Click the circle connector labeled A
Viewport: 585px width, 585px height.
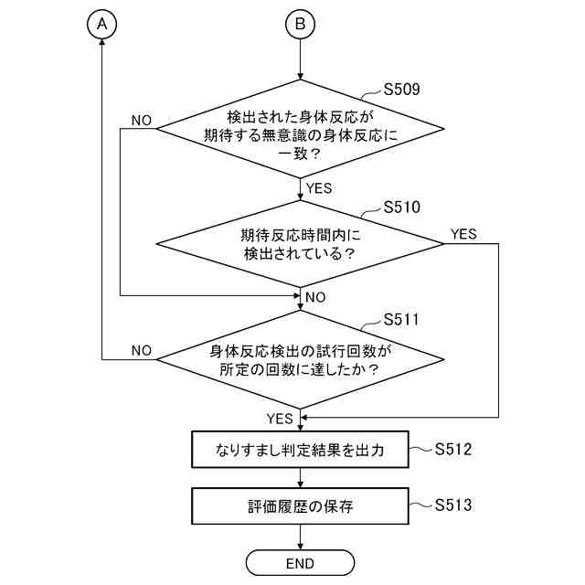[x=103, y=26]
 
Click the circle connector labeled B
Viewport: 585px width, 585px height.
[x=300, y=26]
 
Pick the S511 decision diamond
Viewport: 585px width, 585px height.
[x=300, y=360]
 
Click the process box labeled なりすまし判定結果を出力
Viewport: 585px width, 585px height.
[x=300, y=450]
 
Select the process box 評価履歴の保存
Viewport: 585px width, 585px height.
[x=300, y=505]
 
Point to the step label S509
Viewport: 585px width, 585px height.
[x=402, y=90]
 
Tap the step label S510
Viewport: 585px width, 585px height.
[x=402, y=207]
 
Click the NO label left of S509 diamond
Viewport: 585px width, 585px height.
[x=142, y=121]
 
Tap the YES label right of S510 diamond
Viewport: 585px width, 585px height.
[x=463, y=234]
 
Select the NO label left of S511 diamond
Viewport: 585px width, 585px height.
[x=142, y=350]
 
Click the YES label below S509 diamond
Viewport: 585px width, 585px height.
[x=319, y=189]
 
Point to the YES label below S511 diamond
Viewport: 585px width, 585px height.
[x=280, y=419]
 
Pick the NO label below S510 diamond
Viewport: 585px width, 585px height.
[x=315, y=297]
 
